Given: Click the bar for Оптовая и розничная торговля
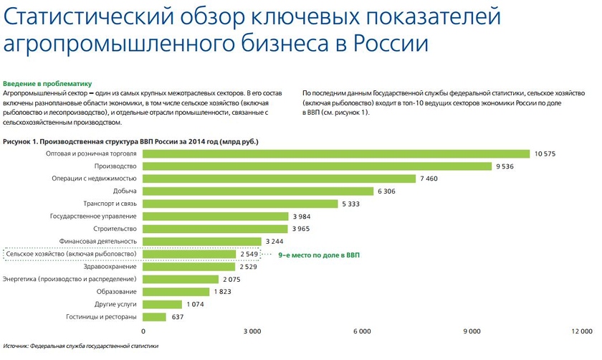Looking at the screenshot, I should tap(336, 153).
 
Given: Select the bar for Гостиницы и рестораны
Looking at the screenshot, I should tap(155, 317).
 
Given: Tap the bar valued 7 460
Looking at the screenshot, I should tap(279, 179).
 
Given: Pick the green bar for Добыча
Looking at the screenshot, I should tap(259, 191).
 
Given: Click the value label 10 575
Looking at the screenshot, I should tap(545, 153).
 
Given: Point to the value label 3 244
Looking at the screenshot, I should tap(274, 242).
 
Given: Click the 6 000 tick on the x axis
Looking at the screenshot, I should tap(363, 331).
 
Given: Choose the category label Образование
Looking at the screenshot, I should tap(117, 292).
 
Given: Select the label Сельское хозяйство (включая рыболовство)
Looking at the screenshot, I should tap(71, 254).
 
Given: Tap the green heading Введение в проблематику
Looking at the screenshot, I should tap(44, 83).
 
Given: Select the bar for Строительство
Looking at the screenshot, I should tap(215, 229).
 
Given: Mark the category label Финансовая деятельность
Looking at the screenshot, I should tap(100, 242).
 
